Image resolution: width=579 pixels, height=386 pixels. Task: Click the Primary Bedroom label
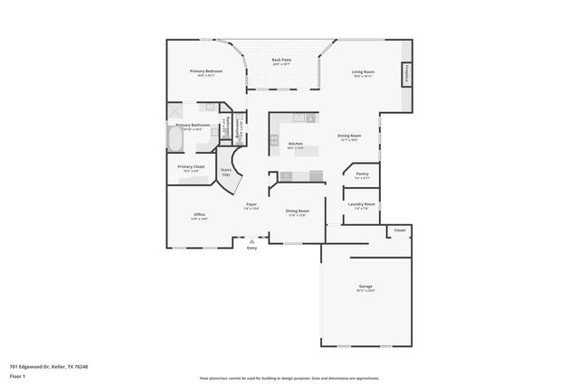[206, 71]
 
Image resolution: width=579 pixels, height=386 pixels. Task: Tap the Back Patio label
[281, 60]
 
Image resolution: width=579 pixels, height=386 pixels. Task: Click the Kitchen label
[295, 144]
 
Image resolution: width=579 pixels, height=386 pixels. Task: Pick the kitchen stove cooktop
[274, 139]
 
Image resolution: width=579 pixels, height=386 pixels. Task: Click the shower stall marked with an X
[176, 111]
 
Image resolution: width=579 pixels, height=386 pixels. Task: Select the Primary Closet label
[192, 166]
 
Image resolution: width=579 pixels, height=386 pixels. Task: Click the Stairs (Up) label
[225, 171]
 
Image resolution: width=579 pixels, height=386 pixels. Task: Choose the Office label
[199, 214]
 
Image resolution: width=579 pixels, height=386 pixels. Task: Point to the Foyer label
[252, 204]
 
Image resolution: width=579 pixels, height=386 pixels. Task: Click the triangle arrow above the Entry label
[252, 241]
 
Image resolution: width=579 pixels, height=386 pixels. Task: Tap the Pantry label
[361, 174]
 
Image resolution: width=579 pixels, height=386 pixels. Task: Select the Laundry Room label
[361, 204]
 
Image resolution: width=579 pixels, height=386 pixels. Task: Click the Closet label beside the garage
[400, 231]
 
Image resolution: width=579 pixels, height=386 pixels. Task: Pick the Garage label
[365, 287]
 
